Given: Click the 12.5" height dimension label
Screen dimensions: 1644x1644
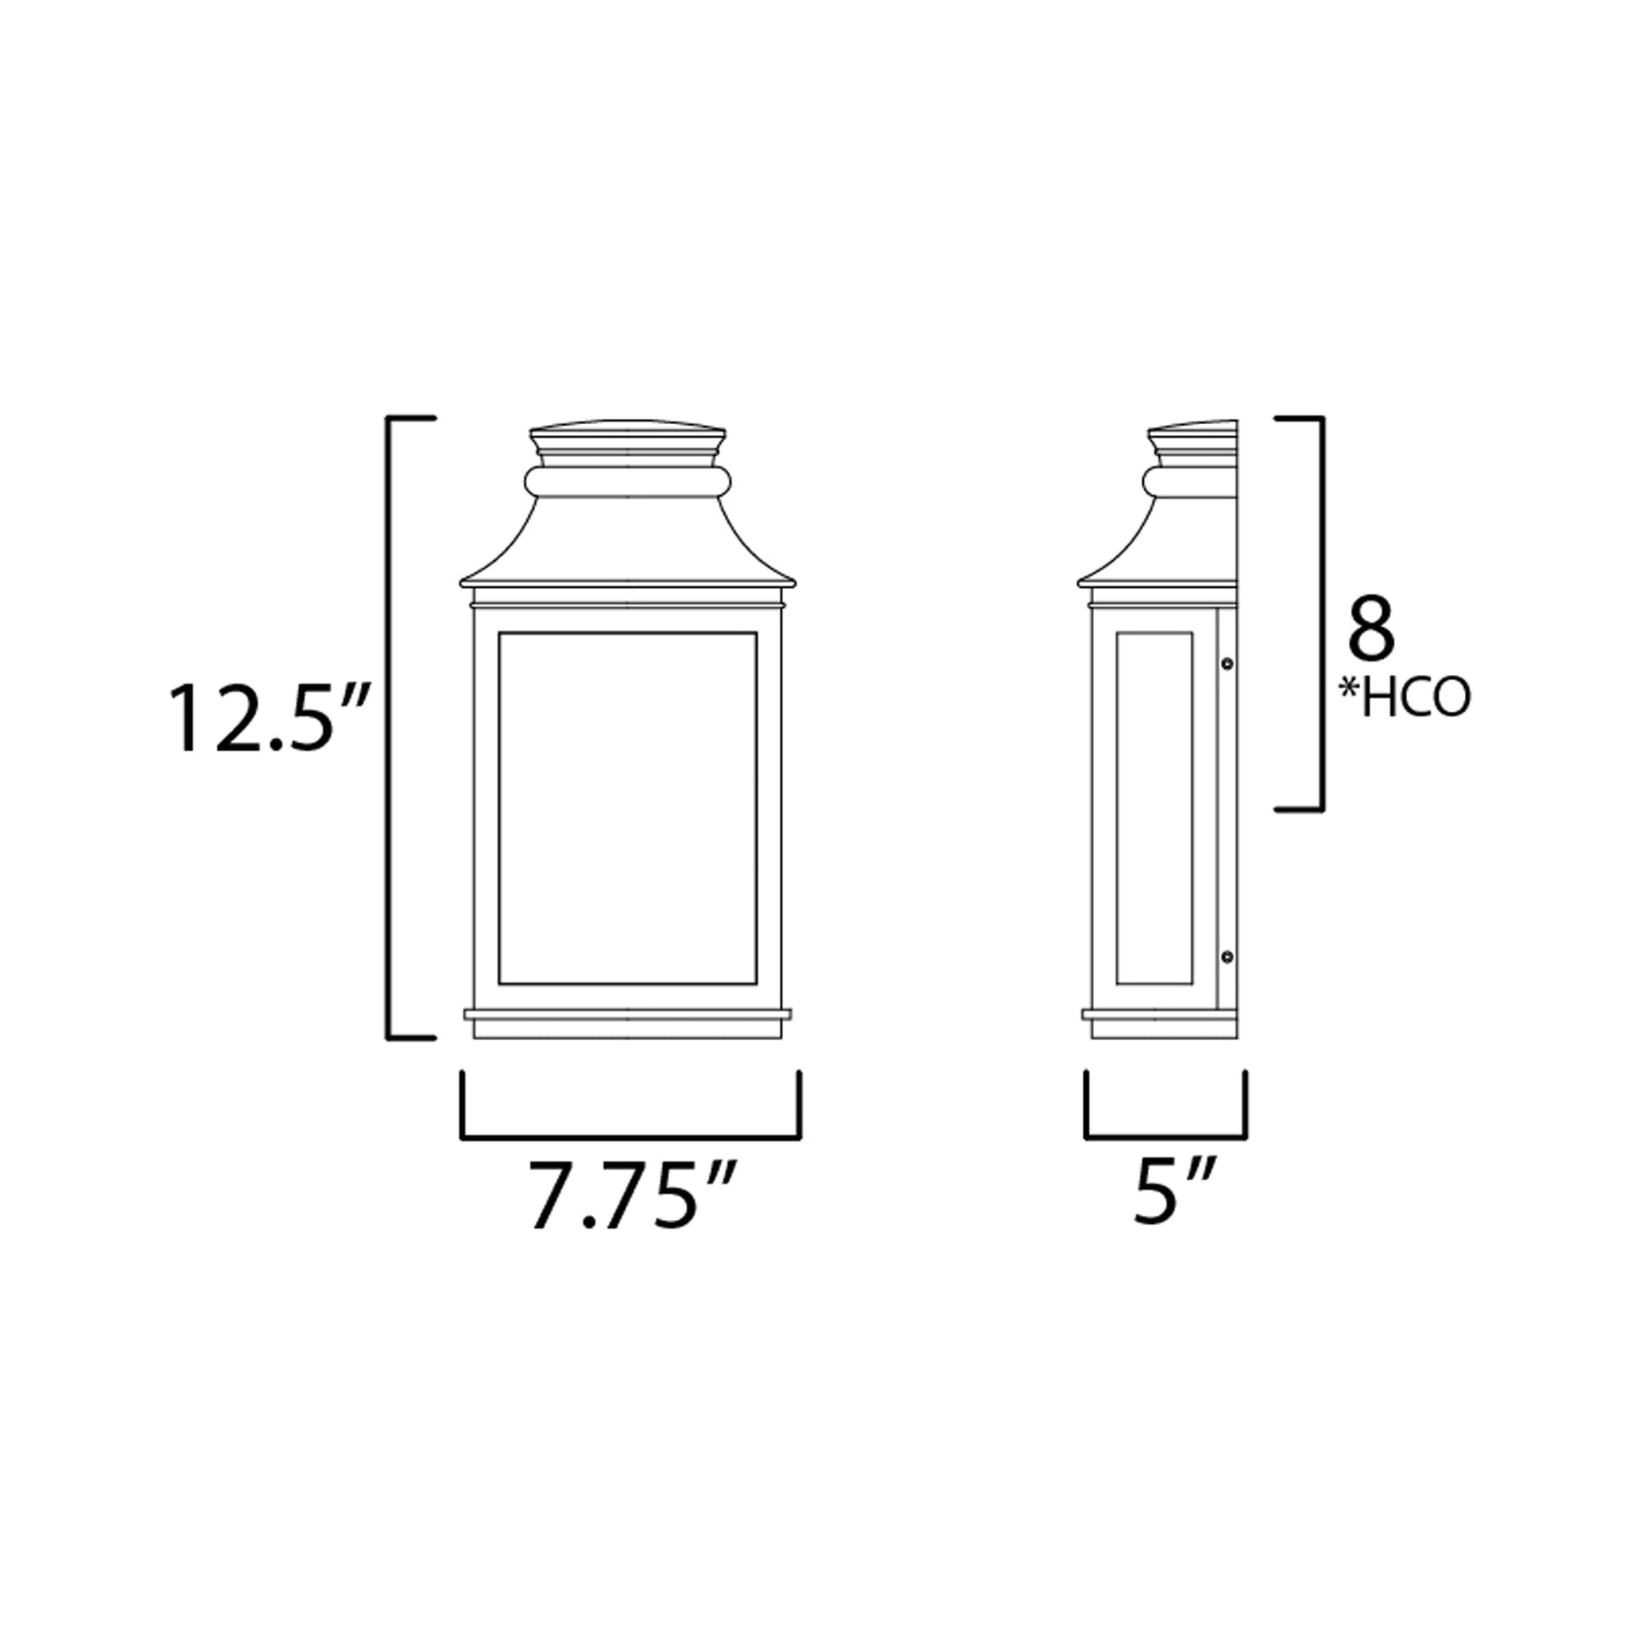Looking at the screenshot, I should (269, 720).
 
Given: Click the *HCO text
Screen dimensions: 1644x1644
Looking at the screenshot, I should (1404, 699).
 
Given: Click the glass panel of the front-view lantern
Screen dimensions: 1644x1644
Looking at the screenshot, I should (627, 808).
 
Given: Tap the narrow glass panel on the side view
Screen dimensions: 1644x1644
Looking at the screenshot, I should (1153, 808).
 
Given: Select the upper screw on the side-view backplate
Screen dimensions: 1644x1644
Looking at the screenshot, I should (1227, 663).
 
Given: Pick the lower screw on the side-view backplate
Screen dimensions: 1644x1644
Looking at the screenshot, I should (1227, 957).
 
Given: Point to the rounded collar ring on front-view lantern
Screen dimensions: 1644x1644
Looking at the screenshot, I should (627, 482).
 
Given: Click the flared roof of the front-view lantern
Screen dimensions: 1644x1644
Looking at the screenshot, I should (627, 545).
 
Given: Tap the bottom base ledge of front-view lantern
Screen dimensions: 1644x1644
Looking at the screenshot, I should (627, 1015).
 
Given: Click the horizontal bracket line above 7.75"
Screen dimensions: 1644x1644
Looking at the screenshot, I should (629, 1137).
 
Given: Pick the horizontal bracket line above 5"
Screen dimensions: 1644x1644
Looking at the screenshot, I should (1166, 1137).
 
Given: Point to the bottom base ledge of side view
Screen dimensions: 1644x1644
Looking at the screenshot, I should (1157, 1015).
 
